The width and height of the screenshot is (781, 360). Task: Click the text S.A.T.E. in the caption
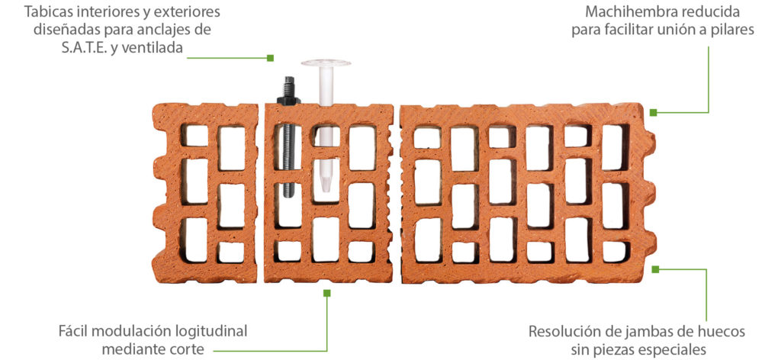tap(72, 49)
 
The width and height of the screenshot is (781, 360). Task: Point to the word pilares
tap(731, 31)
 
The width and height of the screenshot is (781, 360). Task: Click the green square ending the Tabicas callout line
tap(270, 57)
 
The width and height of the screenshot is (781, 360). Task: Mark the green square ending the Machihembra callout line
tap(653, 112)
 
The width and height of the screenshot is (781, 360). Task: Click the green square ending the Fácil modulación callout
tap(326, 292)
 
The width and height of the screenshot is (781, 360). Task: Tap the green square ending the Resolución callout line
tap(654, 268)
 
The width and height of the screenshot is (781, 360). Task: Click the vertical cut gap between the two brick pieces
tap(397, 191)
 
